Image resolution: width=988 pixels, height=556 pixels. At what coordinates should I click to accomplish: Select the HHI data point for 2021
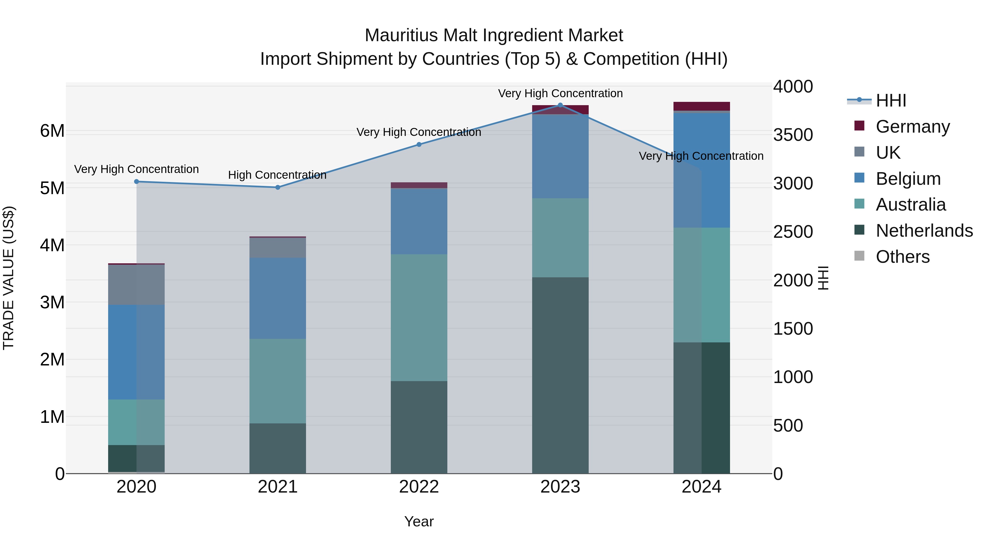(x=278, y=187)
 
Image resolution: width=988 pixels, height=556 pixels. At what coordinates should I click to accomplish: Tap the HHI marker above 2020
(x=137, y=181)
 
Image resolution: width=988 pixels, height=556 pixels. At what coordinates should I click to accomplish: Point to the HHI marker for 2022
(x=419, y=145)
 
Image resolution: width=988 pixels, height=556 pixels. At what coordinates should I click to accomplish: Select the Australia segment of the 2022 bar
(x=419, y=317)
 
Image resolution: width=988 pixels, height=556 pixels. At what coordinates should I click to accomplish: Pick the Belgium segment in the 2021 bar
(x=278, y=298)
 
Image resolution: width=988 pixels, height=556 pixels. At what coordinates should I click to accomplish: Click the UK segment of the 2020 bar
(x=137, y=285)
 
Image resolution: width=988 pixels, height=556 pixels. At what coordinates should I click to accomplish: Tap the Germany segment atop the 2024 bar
(x=701, y=106)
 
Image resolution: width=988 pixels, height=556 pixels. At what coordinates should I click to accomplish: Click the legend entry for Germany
(x=913, y=127)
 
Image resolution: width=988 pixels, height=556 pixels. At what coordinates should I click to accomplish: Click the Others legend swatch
(x=860, y=256)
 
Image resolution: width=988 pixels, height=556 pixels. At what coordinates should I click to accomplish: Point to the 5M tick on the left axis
(x=52, y=188)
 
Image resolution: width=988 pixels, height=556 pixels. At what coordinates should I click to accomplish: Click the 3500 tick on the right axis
(x=792, y=135)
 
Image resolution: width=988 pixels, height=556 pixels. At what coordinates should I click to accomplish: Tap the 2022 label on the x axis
(x=419, y=487)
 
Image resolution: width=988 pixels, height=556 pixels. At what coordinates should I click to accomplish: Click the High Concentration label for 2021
(x=277, y=175)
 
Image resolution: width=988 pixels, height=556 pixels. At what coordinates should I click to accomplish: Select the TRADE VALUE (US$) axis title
(x=9, y=278)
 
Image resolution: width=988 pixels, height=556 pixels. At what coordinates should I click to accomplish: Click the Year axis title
(x=419, y=521)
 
